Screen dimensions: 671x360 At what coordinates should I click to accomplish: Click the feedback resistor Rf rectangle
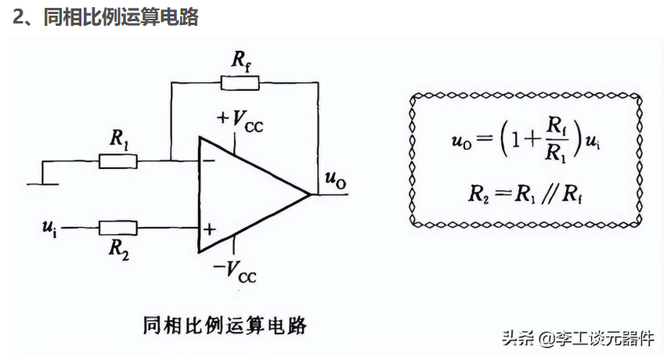click(240, 82)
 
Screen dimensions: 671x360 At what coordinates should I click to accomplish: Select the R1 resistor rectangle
click(118, 161)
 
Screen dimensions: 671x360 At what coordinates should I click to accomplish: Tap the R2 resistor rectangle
click(118, 228)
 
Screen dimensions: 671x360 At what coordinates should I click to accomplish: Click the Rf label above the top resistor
click(241, 61)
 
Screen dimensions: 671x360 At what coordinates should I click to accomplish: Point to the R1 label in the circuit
click(119, 139)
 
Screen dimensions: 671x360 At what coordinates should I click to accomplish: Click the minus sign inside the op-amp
click(209, 160)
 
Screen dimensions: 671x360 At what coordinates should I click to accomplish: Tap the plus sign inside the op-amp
click(209, 229)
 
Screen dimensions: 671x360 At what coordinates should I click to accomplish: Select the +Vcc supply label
click(240, 121)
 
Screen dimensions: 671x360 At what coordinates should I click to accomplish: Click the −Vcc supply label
click(235, 271)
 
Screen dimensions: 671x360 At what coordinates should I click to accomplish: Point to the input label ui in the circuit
click(49, 228)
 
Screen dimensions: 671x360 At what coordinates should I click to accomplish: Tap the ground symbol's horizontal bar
click(43, 184)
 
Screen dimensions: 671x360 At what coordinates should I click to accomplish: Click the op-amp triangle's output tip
click(310, 195)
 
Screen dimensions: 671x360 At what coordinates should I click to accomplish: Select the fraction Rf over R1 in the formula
click(556, 139)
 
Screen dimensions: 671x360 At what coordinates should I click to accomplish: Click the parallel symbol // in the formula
click(549, 195)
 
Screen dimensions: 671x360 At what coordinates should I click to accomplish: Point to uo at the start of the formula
click(462, 141)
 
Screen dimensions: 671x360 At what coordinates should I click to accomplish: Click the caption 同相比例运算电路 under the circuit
click(225, 326)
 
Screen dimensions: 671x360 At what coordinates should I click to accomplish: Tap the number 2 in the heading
click(18, 17)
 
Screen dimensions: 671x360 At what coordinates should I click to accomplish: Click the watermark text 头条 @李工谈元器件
click(578, 338)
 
